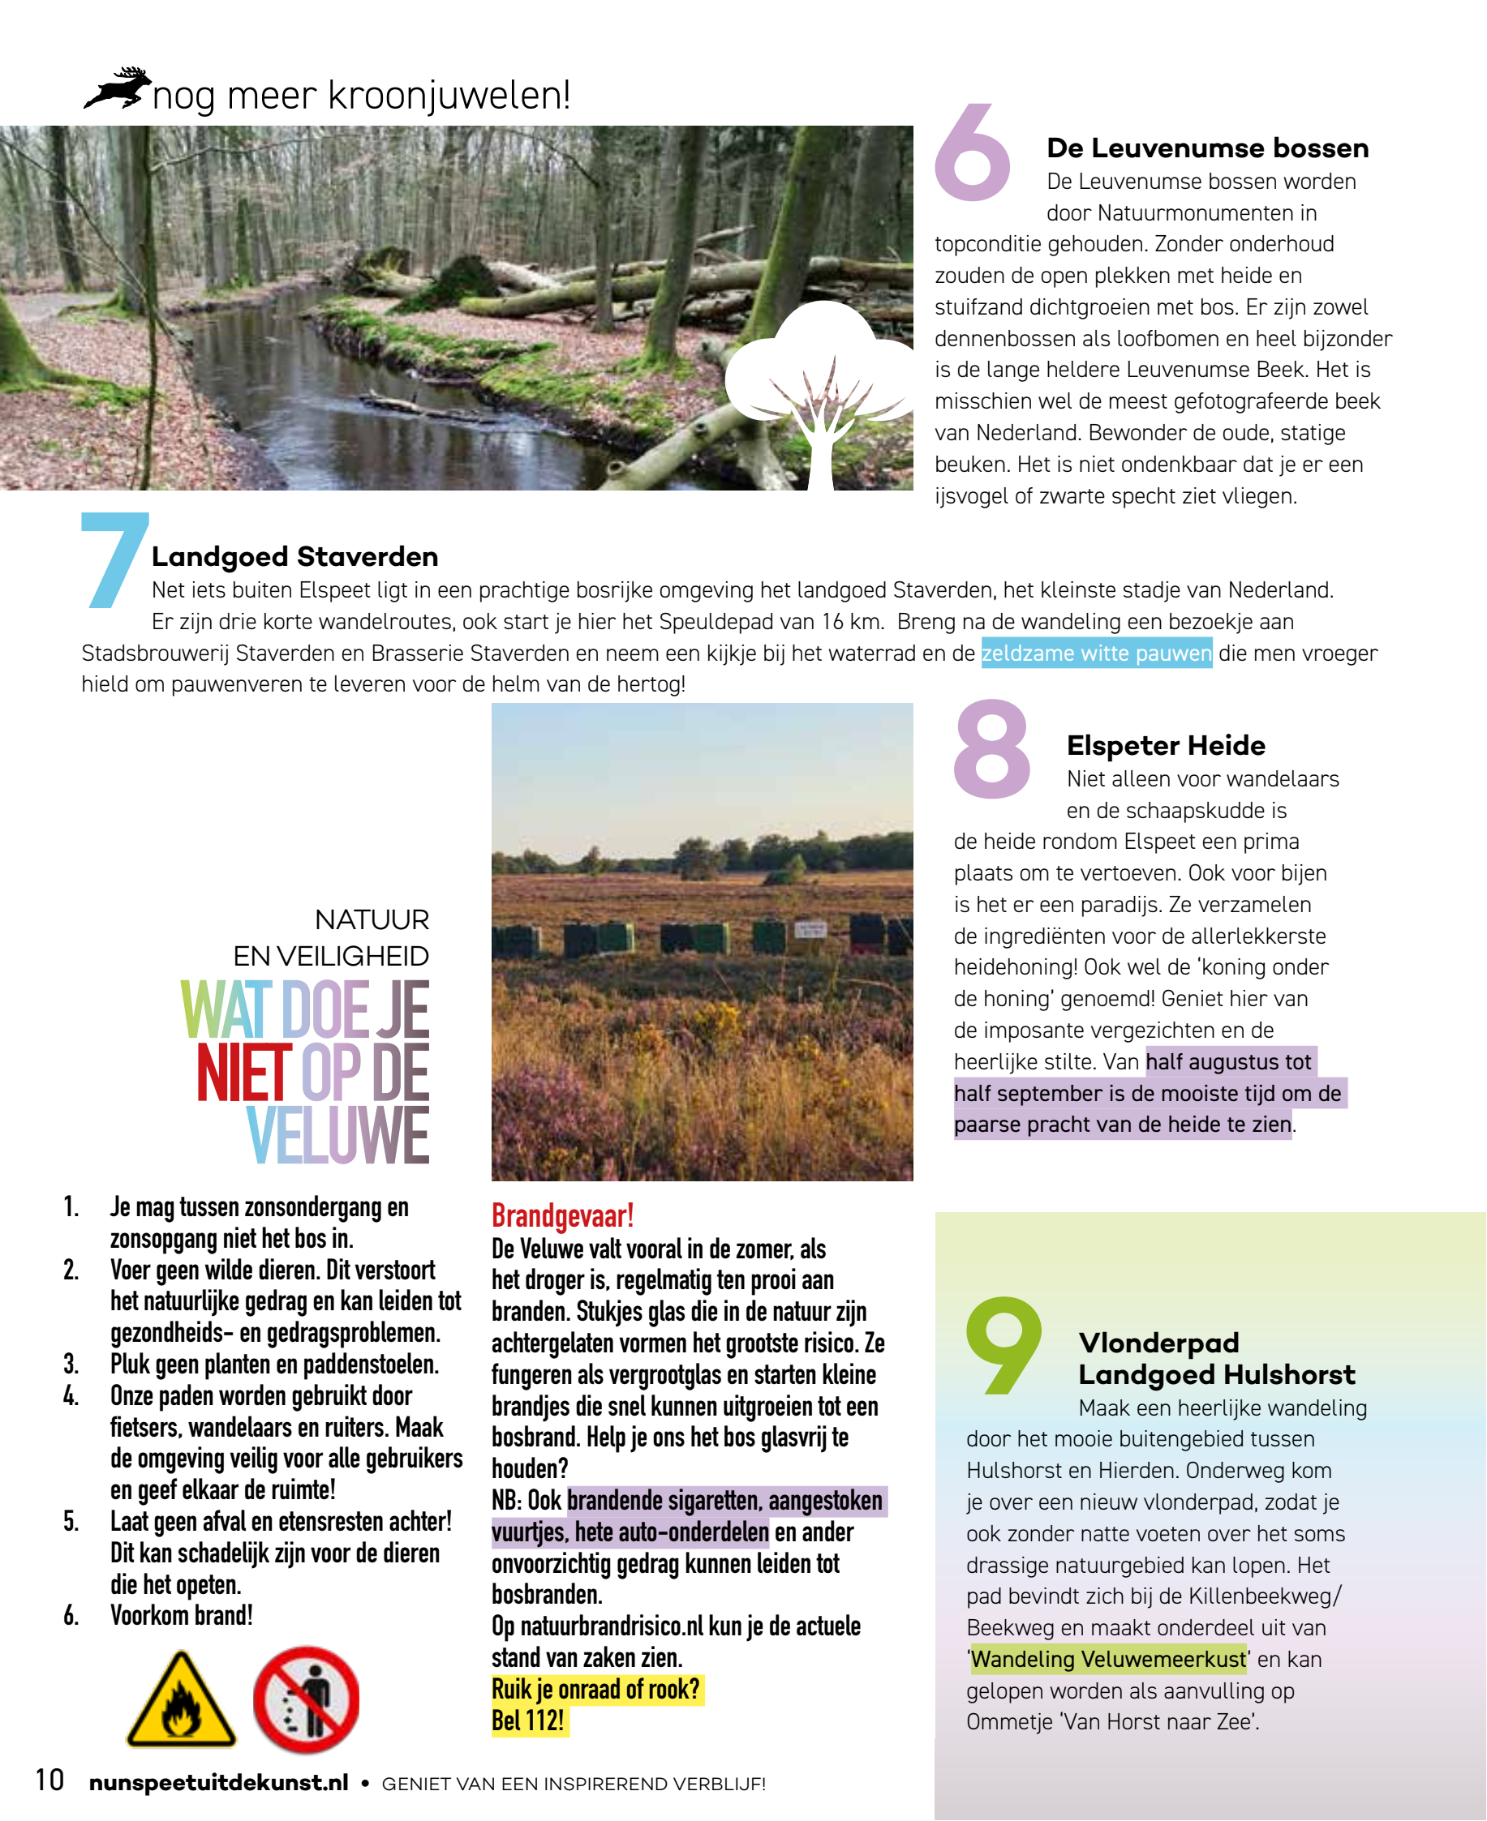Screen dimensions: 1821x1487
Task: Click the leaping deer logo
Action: coord(118,88)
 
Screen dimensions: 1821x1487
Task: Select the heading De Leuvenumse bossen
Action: coord(1207,148)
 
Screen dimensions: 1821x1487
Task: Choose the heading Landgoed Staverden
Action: coord(294,556)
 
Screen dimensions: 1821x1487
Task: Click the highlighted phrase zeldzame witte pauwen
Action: coord(1097,653)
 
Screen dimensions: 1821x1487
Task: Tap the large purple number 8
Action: coord(992,749)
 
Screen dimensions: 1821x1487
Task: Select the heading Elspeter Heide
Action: coord(1166,745)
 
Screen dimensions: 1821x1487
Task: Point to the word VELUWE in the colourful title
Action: coord(338,1135)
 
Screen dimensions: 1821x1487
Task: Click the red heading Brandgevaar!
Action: coord(562,1215)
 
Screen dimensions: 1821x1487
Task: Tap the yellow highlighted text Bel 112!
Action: coord(527,1720)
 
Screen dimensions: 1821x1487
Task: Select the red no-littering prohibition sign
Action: coord(307,1699)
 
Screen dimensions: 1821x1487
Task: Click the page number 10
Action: coord(49,1780)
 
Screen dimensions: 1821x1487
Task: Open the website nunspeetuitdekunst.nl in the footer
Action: coord(218,1782)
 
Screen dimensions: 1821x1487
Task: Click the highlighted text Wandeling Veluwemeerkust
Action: coord(1108,1659)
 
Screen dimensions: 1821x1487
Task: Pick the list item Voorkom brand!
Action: coord(182,1616)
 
